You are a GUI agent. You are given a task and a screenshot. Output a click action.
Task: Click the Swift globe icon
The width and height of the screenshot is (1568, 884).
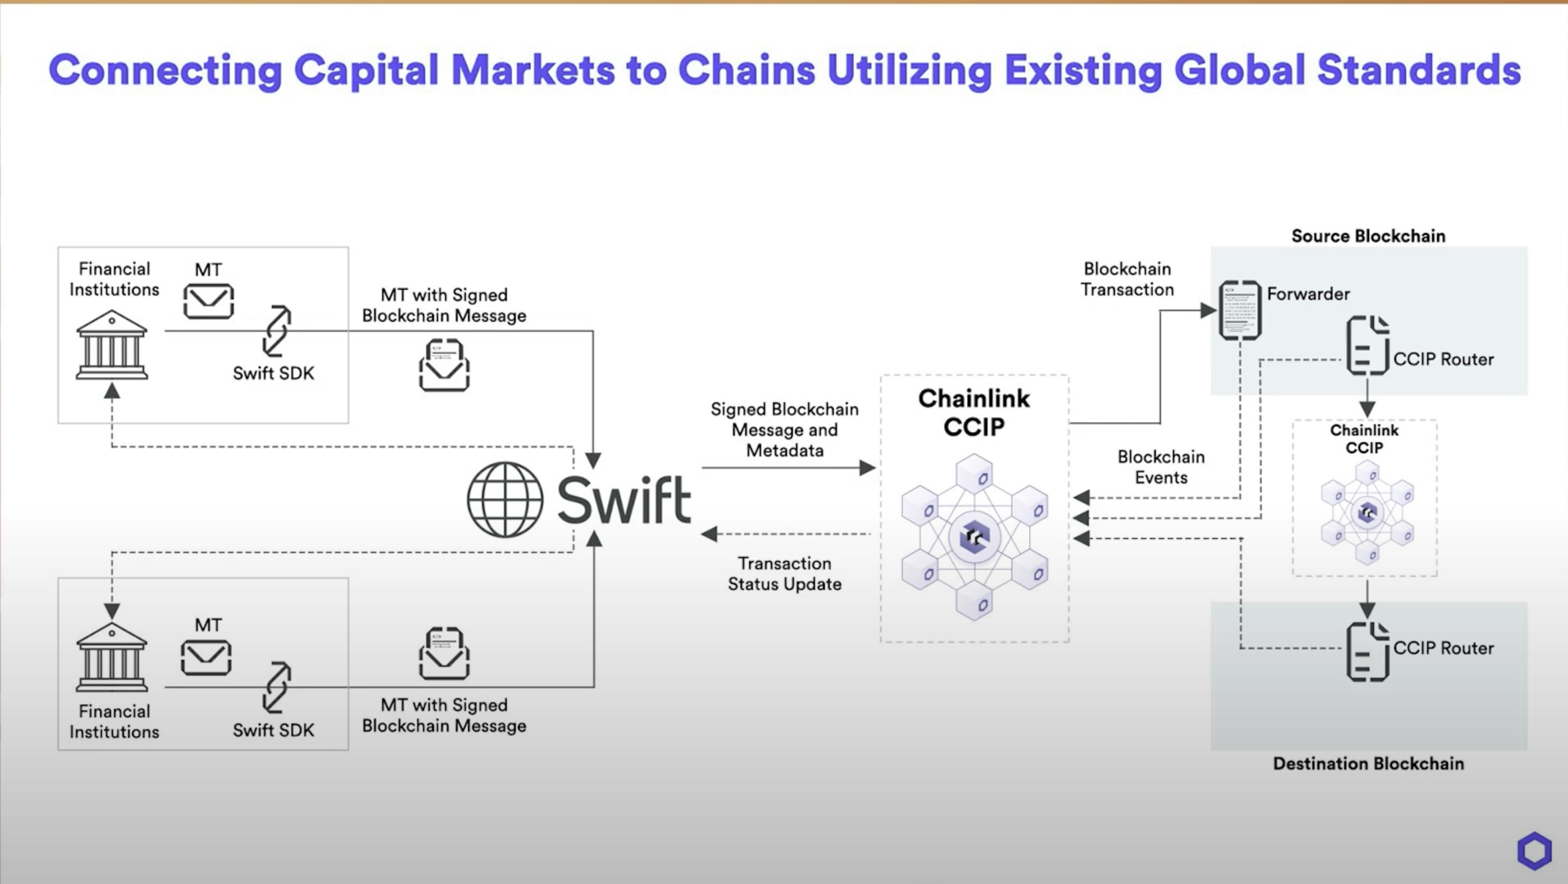click(504, 500)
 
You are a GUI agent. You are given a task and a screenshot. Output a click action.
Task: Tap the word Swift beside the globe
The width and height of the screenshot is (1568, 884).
click(624, 500)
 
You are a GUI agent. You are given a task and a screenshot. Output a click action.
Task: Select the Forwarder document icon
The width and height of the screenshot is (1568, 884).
click(1240, 310)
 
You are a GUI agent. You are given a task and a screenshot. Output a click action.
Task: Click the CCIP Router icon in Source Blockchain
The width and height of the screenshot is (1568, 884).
click(1367, 346)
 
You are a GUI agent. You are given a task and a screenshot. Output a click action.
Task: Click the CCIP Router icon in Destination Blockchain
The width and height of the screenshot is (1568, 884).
click(1367, 651)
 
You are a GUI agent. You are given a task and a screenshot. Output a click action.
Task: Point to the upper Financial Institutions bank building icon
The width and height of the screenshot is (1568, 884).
click(112, 345)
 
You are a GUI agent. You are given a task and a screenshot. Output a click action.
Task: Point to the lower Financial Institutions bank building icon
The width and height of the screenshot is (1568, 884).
click(112, 657)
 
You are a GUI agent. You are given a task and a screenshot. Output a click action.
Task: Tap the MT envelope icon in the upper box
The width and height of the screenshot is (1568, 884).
click(208, 301)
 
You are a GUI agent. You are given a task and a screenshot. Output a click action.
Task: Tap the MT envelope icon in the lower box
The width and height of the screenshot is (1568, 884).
click(206, 657)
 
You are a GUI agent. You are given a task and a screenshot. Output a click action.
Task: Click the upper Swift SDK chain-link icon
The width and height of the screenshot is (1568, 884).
click(277, 331)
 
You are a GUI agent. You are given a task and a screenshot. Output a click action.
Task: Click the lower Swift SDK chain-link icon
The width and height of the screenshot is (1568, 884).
click(277, 687)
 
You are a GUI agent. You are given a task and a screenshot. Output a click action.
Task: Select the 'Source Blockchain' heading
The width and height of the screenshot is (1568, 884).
click(1368, 236)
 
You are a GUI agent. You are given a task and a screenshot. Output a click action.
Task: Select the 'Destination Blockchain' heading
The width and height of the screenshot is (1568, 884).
click(1368, 764)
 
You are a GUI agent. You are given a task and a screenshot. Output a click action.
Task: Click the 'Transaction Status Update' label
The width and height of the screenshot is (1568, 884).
click(784, 574)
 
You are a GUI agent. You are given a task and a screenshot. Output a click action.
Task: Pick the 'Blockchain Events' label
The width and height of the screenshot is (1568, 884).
click(1161, 467)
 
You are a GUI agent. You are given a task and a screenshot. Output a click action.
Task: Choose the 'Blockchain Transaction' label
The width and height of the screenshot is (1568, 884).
click(1127, 279)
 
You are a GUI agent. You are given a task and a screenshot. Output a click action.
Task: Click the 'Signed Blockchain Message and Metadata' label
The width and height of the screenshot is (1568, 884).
click(784, 429)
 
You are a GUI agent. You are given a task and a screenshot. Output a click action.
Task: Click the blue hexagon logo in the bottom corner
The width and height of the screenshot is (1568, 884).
click(1534, 850)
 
